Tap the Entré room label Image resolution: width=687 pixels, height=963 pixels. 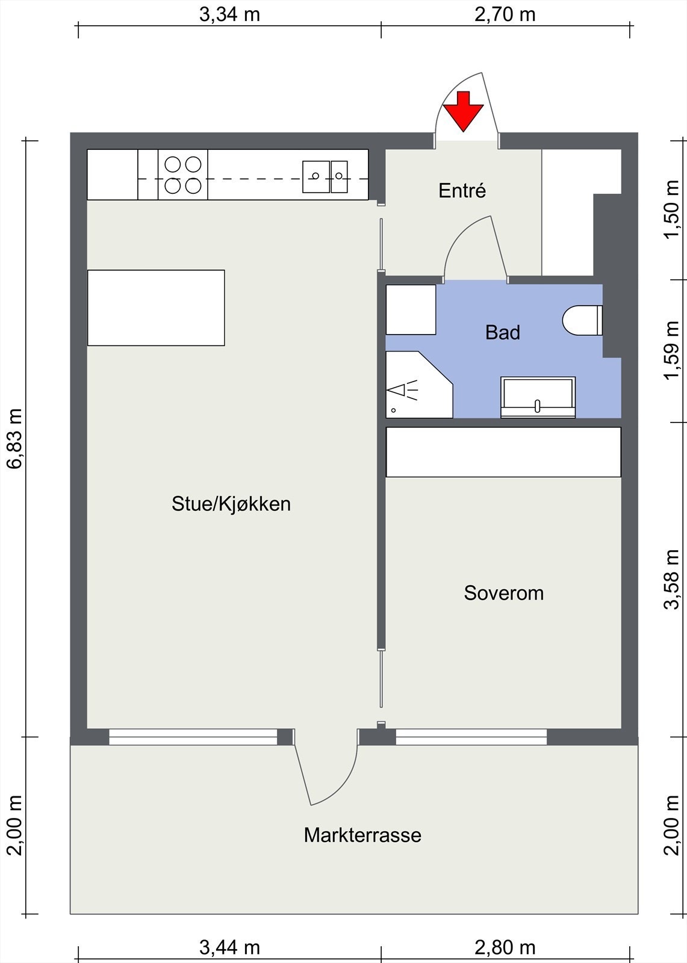tap(462, 191)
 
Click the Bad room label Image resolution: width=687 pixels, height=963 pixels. tap(503, 332)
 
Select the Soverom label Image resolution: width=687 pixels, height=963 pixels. tap(503, 593)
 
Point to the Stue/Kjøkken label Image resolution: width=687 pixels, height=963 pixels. tap(231, 504)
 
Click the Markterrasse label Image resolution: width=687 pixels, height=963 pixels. tap(362, 835)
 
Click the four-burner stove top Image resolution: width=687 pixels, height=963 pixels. tap(183, 175)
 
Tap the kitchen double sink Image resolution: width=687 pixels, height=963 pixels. tap(325, 176)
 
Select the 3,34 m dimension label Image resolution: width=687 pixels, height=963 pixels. tap(229, 14)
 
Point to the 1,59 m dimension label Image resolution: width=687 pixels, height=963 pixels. tap(671, 351)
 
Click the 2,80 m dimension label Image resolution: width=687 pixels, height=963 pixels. tap(505, 947)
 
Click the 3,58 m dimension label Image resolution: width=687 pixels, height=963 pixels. tap(671, 578)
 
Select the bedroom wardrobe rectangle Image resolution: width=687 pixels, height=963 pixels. tap(503, 452)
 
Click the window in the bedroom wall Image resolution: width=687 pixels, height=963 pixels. tap(471, 737)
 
